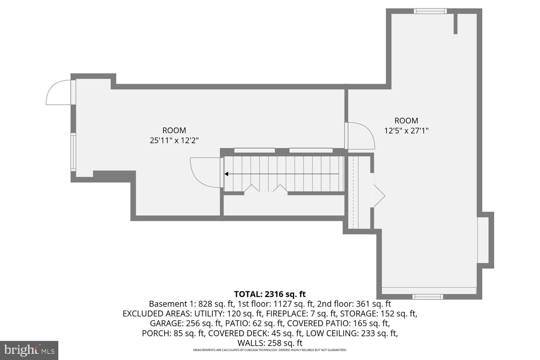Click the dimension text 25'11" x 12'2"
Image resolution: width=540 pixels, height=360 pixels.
174,141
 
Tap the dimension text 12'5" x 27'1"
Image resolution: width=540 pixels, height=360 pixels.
406,131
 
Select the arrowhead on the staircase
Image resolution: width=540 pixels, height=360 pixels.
227,174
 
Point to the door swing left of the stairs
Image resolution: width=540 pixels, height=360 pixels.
204,172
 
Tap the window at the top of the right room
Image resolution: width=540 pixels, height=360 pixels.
430,11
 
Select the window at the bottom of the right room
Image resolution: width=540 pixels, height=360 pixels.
427,297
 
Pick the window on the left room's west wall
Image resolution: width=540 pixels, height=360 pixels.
73,152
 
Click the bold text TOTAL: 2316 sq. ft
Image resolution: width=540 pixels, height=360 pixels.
270,294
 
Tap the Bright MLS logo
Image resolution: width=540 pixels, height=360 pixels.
29,350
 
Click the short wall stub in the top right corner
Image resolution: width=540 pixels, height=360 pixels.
455,24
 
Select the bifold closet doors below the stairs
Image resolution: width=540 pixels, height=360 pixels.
266,190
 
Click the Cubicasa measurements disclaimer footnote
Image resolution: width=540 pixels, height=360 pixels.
270,350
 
